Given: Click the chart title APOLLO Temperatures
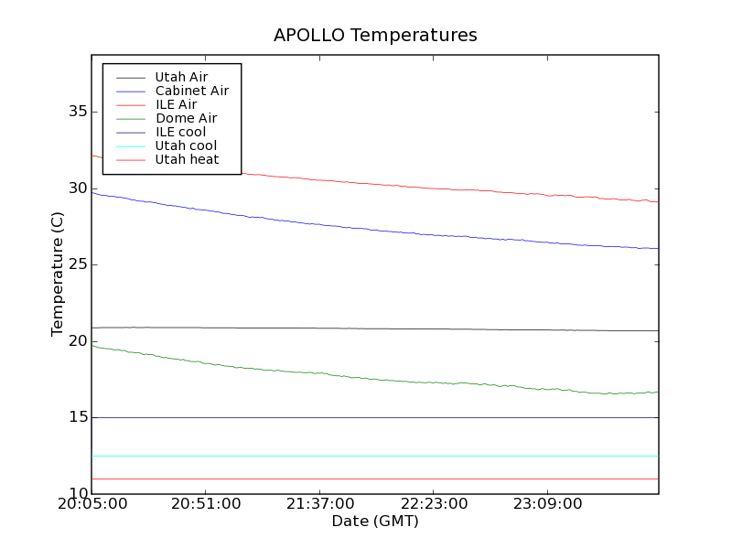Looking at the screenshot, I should coord(375,36).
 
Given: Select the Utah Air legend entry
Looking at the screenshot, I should coord(181,77).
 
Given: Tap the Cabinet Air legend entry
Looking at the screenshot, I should coord(191,91).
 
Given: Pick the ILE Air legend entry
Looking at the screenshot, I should coord(176,104).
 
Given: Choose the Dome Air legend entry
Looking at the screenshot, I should coord(186,118).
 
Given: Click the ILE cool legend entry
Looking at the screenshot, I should coord(180,132).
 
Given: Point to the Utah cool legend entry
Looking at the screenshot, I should coord(186,145).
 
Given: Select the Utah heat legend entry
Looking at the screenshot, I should coord(187,159).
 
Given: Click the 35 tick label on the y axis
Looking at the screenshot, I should coord(77,112).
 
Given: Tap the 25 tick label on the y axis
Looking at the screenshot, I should coord(77,264).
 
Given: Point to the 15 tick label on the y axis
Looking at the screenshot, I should coord(77,417).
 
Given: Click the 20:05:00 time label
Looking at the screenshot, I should coord(91,504).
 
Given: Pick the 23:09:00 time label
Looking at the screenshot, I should coord(546,504).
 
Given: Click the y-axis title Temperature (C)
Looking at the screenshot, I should coord(58,274).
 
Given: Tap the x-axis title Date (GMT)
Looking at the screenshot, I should coord(375,522).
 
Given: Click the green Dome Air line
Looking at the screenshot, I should coord(366,378).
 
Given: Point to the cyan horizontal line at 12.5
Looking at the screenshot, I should coord(366,456).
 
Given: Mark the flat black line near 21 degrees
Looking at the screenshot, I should coord(366,328).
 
